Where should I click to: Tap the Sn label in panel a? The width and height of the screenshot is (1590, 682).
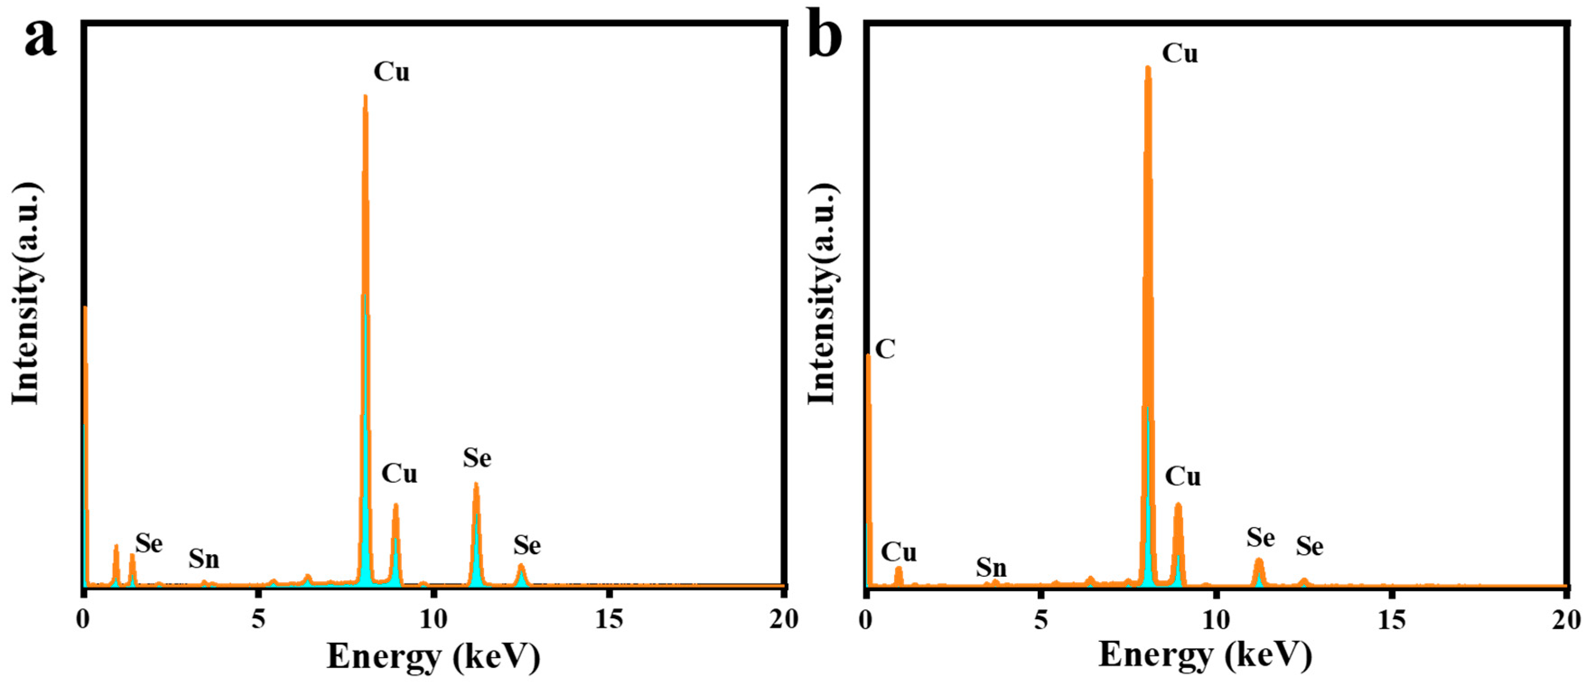(x=204, y=559)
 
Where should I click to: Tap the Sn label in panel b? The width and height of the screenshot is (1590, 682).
(x=991, y=567)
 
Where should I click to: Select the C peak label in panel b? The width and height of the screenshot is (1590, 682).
(x=885, y=349)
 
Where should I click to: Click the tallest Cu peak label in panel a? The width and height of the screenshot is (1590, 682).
(x=392, y=72)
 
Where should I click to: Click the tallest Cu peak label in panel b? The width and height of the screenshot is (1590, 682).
(x=1180, y=54)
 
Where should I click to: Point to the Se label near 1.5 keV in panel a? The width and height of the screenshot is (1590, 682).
(x=149, y=544)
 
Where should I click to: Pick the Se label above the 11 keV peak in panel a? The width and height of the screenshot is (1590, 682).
(x=477, y=458)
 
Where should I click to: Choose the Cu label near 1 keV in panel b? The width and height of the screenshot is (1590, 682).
(x=898, y=552)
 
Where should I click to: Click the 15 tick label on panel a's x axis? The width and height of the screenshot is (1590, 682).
(x=609, y=619)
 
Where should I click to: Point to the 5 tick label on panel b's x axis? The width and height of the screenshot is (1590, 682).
(x=1041, y=619)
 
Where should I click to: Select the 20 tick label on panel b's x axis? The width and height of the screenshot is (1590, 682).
(x=1566, y=619)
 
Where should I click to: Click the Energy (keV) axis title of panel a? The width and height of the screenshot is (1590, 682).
(x=434, y=657)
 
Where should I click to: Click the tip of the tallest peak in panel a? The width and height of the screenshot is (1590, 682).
(x=365, y=96)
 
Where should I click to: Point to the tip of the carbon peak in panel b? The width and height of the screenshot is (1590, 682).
(x=868, y=355)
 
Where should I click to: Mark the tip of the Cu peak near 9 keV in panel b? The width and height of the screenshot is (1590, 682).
(x=1178, y=505)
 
